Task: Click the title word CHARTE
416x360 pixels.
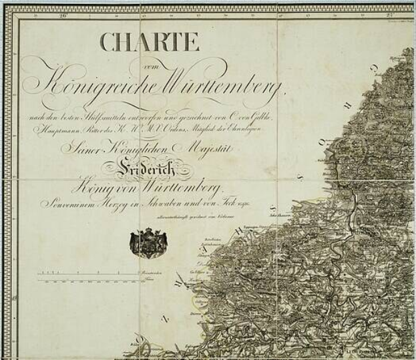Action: point(150,41)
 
